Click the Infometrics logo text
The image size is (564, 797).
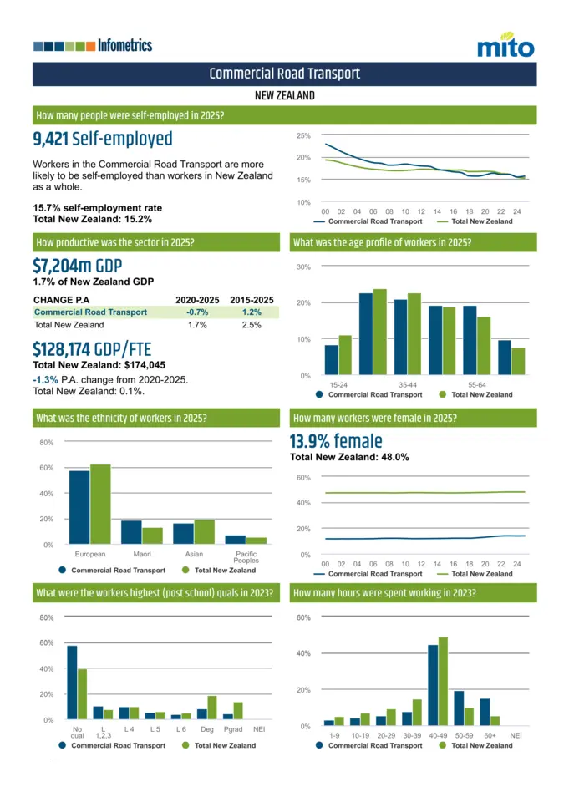click(x=124, y=45)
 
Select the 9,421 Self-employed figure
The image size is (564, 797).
click(x=102, y=139)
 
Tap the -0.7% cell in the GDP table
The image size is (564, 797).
click(x=197, y=312)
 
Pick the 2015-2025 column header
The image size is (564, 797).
click(x=252, y=300)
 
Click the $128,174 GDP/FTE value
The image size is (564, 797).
click(x=92, y=348)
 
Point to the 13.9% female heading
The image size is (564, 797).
click(x=335, y=441)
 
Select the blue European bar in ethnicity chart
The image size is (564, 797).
click(x=79, y=507)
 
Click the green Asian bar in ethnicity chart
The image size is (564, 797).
click(x=204, y=531)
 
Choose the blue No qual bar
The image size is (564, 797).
click(x=72, y=682)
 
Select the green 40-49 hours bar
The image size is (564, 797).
click(x=443, y=681)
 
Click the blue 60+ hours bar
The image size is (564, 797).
click(x=485, y=711)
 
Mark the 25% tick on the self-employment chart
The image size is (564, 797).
click(x=303, y=135)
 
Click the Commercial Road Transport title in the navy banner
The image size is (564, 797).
click(x=284, y=74)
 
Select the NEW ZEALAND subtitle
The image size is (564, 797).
click(x=284, y=95)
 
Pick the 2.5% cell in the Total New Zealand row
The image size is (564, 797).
click(x=252, y=324)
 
